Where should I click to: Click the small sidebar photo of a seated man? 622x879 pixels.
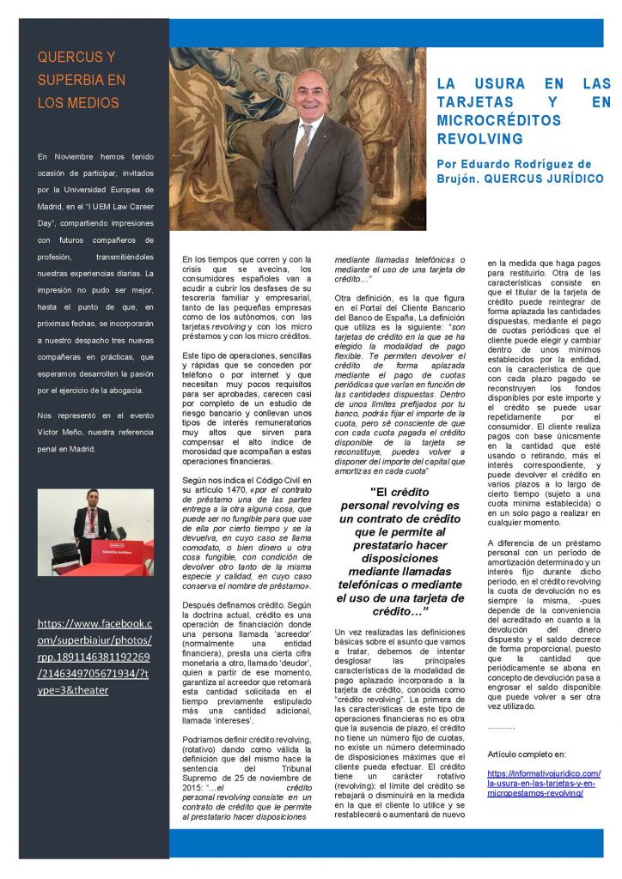pyautogui.click(x=95, y=532)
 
